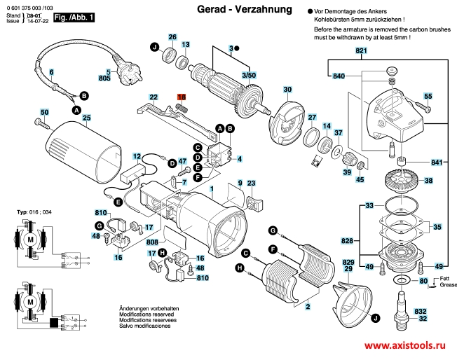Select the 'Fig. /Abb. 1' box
(74, 15)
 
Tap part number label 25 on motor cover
(87, 118)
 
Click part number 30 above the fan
(287, 90)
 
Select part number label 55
(428, 96)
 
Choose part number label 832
(420, 310)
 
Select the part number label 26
(172, 37)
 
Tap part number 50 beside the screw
(44, 112)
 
